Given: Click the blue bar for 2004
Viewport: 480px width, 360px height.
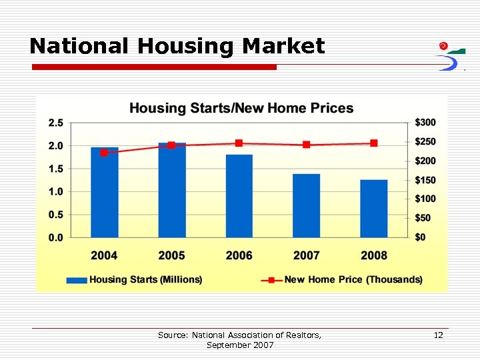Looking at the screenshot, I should point(104,193).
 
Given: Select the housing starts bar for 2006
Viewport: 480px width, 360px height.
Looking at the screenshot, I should point(239,196).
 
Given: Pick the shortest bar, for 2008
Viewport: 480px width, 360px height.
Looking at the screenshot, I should point(373,208).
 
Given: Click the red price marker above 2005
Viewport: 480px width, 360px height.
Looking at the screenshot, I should point(171,145).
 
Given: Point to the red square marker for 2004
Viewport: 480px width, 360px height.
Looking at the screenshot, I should point(104,153).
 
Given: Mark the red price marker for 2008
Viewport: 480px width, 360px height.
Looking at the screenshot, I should point(374,143).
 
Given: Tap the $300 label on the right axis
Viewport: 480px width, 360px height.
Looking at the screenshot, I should point(425,123).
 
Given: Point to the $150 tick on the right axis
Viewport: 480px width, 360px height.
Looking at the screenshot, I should point(425,180).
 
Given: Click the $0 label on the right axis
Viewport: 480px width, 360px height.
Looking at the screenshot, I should point(421,237).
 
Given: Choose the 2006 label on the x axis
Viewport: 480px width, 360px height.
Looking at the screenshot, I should point(239,255).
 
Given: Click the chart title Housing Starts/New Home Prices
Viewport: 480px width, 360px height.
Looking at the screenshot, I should point(241,108).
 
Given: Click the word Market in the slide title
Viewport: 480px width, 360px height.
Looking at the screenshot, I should point(283,46).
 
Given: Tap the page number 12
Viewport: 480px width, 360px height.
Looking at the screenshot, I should point(438,335).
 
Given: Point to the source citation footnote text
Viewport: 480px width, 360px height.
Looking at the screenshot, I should point(239,340).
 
